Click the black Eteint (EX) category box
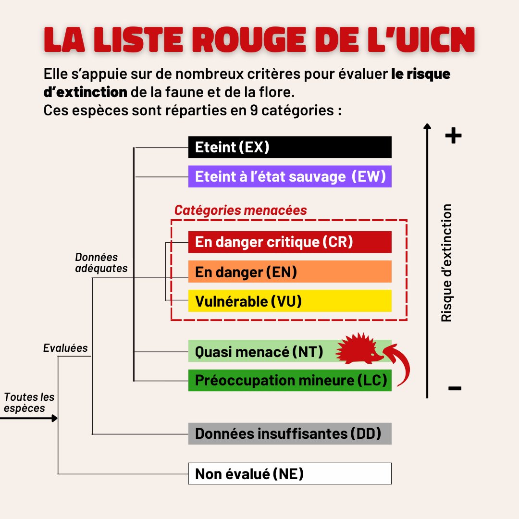click(290, 147)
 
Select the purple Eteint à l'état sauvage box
click(290, 176)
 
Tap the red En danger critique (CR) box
click(290, 242)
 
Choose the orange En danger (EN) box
click(290, 272)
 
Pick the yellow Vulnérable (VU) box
click(290, 301)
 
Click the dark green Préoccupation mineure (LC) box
click(290, 380)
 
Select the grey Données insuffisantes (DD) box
click(290, 433)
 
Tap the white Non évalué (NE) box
click(290, 474)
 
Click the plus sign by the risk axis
click(453, 136)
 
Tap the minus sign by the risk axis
click(455, 388)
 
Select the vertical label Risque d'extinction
click(446, 263)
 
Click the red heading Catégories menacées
click(241, 210)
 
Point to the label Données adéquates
click(101, 263)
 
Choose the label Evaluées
click(65, 348)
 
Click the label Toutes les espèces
click(29, 403)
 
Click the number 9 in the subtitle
click(254, 110)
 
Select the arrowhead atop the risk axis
click(427, 126)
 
